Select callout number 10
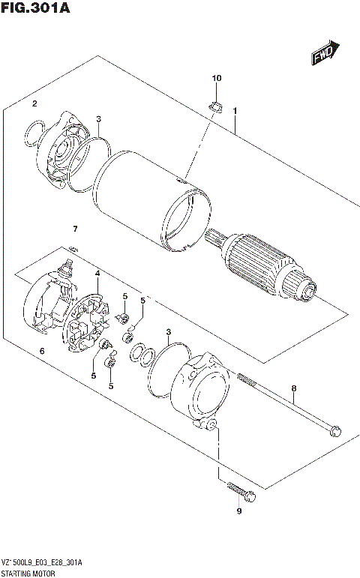click(217, 79)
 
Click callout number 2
click(34, 103)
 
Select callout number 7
click(74, 228)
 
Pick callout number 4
click(97, 274)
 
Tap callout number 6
click(42, 350)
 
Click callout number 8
click(294, 388)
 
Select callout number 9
click(239, 511)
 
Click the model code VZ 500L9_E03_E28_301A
click(42, 562)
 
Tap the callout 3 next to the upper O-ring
click(98, 118)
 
